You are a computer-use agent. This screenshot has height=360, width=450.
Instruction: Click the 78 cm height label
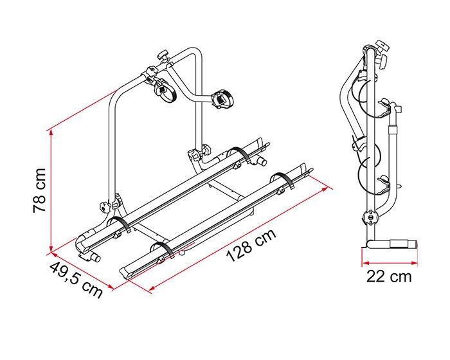point(39,190)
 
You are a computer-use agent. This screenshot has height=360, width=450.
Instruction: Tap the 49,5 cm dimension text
point(76,280)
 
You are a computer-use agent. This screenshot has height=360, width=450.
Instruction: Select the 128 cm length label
point(251,245)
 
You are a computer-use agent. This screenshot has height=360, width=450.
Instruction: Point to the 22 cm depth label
point(389,276)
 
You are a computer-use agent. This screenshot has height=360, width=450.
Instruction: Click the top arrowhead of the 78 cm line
point(51,132)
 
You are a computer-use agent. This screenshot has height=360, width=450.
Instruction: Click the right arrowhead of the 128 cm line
point(325,188)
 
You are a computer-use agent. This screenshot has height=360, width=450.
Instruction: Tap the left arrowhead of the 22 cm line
point(365,262)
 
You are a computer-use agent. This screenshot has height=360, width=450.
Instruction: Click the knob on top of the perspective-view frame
point(164,54)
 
